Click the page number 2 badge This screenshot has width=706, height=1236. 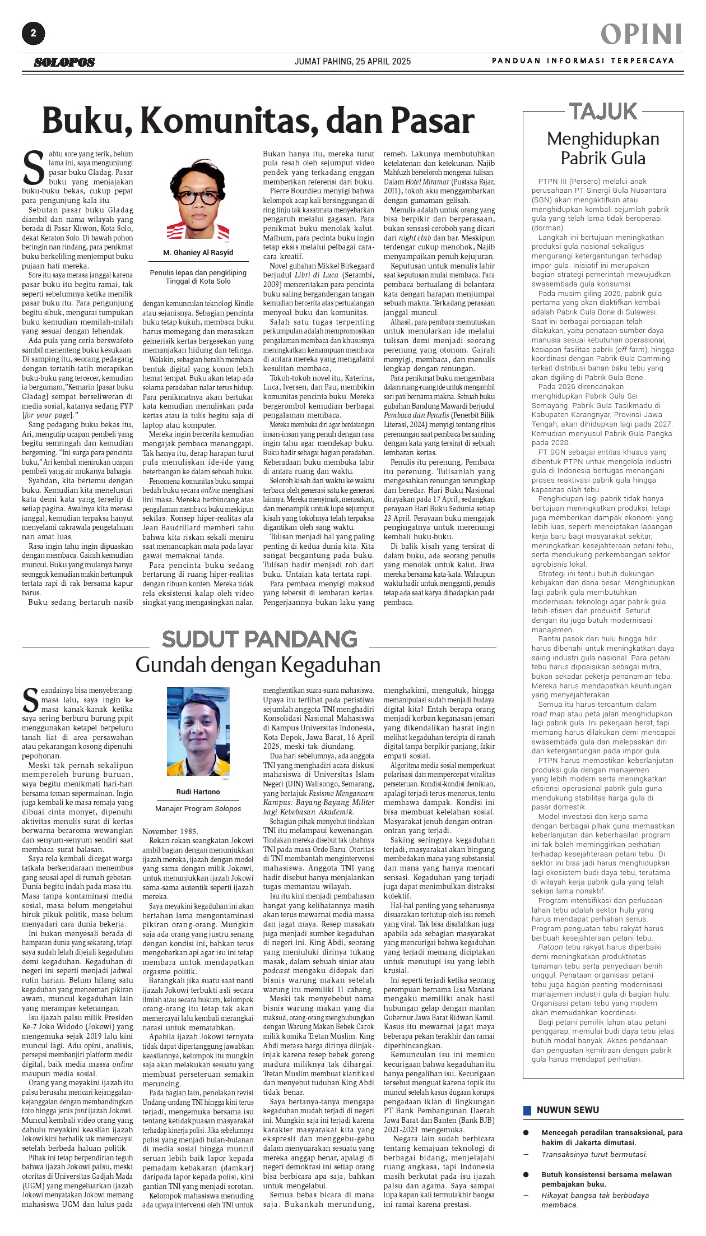pyautogui.click(x=33, y=34)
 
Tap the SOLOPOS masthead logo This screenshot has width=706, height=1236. pyautogui.click(x=64, y=62)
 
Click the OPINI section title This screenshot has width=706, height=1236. pyautogui.click(x=642, y=35)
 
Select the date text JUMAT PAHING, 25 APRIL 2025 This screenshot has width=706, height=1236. pyautogui.click(x=352, y=61)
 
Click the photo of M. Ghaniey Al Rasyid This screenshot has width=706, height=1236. pyautogui.click(x=198, y=199)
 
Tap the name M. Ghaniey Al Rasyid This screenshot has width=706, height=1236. pyautogui.click(x=198, y=252)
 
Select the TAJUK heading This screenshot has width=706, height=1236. pyautogui.click(x=603, y=111)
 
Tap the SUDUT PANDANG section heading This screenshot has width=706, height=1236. pyautogui.click(x=259, y=639)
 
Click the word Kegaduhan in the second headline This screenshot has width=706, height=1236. pyautogui.click(x=331, y=665)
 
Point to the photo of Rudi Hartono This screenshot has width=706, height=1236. pyautogui.click(x=198, y=732)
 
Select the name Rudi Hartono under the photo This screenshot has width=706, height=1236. pyautogui.click(x=198, y=792)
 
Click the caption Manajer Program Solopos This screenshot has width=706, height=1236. pyautogui.click(x=198, y=808)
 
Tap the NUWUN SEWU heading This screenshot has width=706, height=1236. pyautogui.click(x=568, y=1110)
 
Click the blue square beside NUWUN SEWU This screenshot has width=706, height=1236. pyautogui.click(x=527, y=1110)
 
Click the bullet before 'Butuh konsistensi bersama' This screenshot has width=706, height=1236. pyautogui.click(x=526, y=1174)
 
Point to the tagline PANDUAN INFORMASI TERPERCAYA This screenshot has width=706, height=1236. pyautogui.click(x=583, y=61)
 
